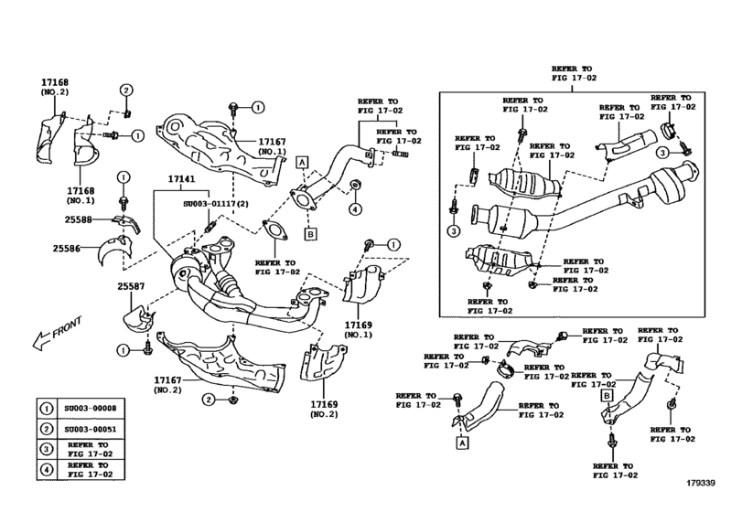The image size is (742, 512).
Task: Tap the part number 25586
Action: (x=69, y=248)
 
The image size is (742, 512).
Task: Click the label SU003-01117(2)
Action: (x=217, y=206)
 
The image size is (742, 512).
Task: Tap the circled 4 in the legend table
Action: (x=46, y=473)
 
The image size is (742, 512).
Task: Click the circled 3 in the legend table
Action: (x=46, y=451)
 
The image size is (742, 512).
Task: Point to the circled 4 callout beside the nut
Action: (x=350, y=208)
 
